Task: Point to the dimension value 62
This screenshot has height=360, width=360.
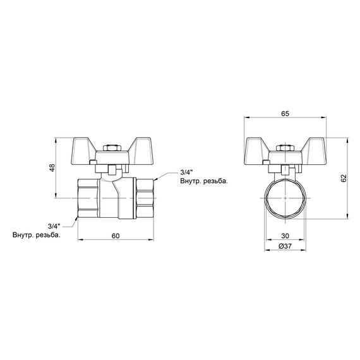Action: pos(343,177)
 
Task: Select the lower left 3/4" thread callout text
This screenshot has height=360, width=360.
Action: pos(53,226)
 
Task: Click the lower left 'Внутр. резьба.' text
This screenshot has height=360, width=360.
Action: pos(36,236)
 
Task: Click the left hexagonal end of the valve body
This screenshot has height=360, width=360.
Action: pos(87,197)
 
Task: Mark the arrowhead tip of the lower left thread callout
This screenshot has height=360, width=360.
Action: pos(78,219)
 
